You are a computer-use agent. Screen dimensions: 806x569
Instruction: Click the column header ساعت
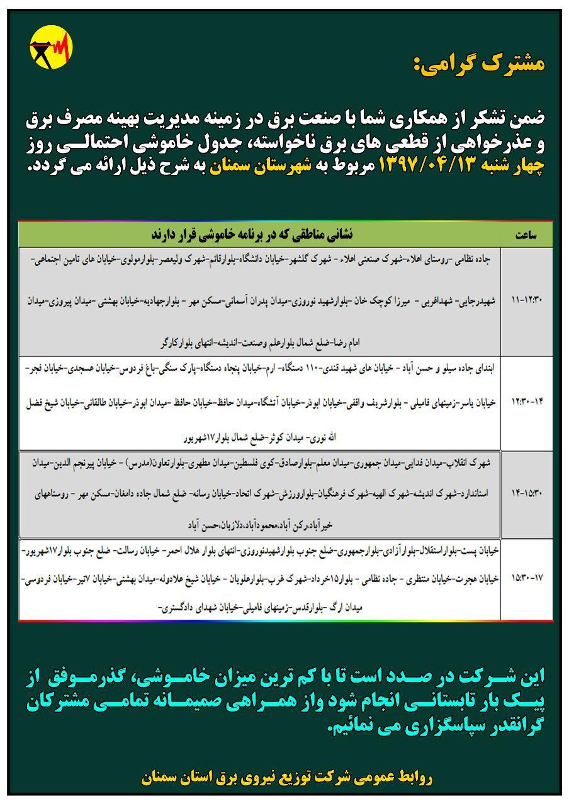click(526, 235)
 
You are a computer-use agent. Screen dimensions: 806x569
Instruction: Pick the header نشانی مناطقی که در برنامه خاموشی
click(252, 234)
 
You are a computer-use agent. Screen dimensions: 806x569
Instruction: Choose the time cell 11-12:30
click(526, 301)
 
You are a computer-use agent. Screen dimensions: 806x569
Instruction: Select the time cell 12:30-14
click(526, 402)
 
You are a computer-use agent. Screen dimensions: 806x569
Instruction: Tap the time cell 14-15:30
click(526, 489)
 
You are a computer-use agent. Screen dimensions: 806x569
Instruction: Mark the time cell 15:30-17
click(526, 576)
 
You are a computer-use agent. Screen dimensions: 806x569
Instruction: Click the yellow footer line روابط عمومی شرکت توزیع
click(287, 778)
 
